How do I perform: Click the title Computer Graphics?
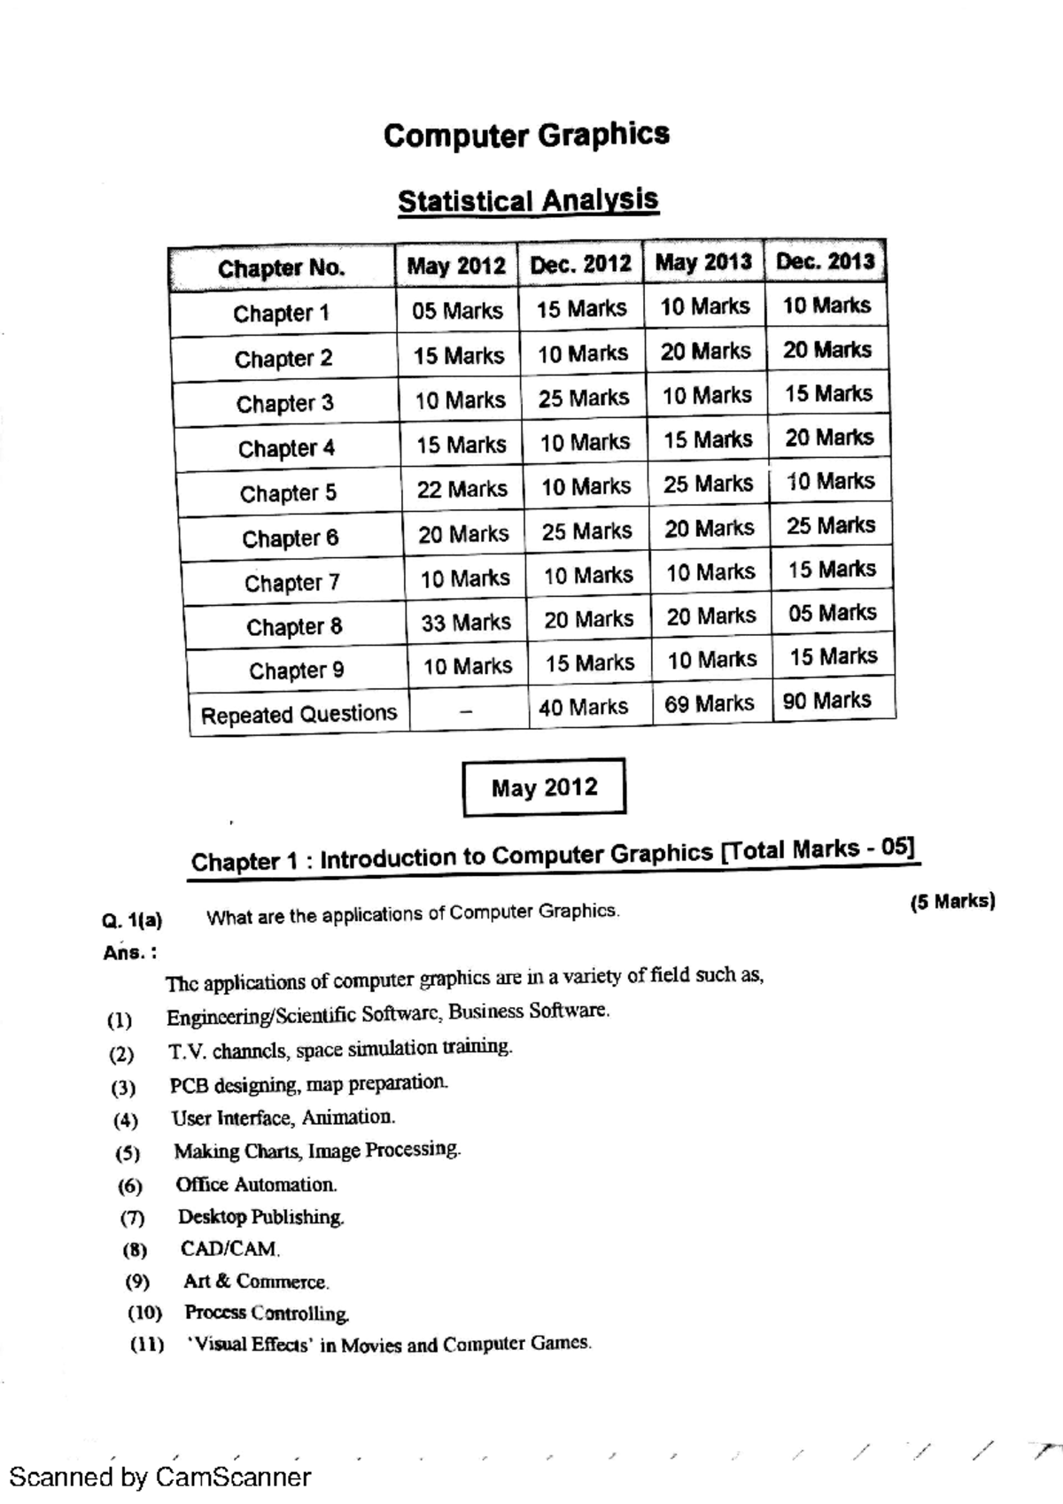click(x=526, y=136)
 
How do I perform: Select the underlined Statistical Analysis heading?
click(x=528, y=200)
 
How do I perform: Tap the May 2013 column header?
click(x=703, y=262)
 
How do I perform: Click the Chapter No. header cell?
click(x=282, y=268)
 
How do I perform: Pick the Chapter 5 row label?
click(x=288, y=493)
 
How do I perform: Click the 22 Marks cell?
click(x=462, y=489)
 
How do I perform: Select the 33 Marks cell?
click(x=466, y=623)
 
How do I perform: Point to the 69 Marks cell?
click(x=710, y=704)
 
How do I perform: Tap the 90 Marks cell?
click(x=826, y=701)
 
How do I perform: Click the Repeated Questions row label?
click(x=299, y=714)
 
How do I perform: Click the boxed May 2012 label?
click(x=544, y=787)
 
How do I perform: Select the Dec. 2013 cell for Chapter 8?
click(x=832, y=613)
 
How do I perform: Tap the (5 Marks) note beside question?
click(x=952, y=902)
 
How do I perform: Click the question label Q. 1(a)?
click(x=133, y=920)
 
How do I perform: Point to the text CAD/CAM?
click(x=230, y=1249)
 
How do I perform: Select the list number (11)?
click(x=147, y=1345)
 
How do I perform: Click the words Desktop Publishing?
click(x=260, y=1217)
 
